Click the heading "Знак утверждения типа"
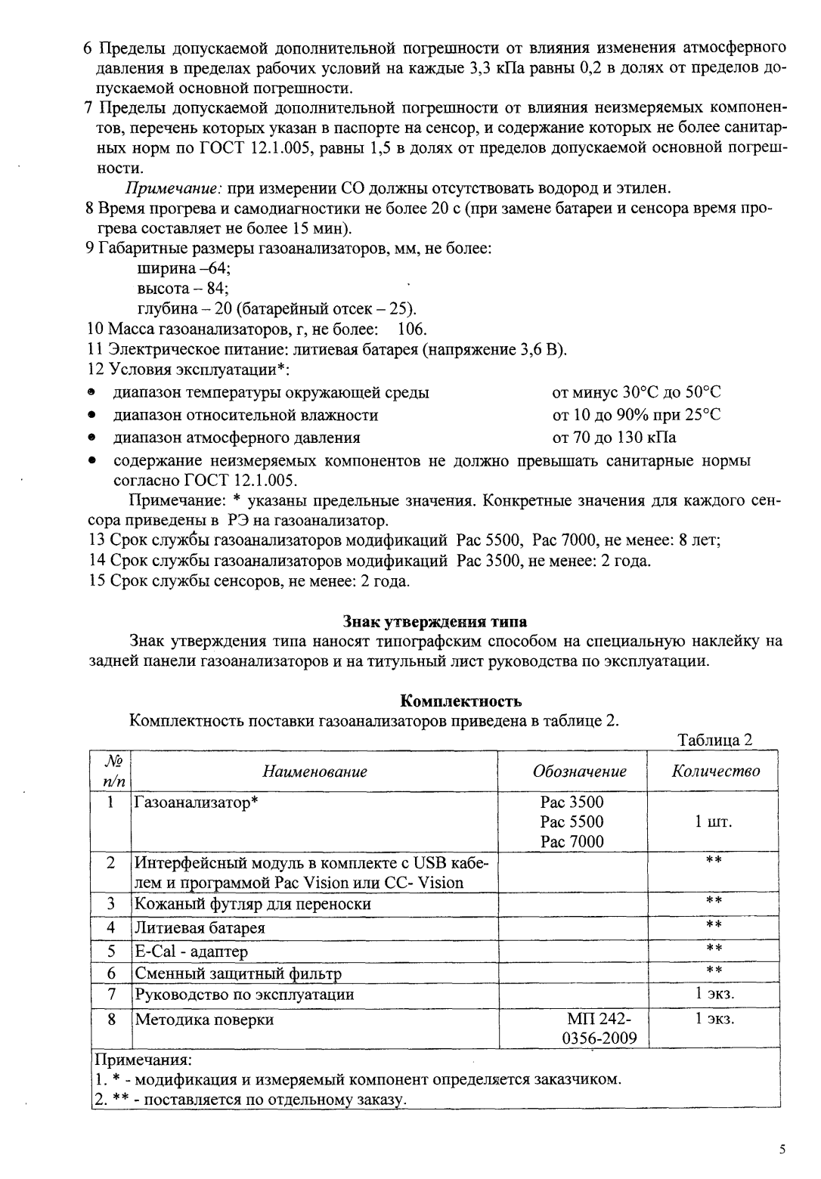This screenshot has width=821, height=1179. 435,621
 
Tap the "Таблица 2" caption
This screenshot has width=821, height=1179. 715,740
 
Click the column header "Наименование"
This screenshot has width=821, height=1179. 314,772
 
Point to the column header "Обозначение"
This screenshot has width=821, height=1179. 579,772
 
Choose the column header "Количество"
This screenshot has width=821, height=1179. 715,772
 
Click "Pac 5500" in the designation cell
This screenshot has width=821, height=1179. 572,822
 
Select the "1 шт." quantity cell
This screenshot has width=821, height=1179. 714,822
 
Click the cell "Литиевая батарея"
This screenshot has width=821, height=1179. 200,928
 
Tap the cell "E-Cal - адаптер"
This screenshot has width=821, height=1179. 191,951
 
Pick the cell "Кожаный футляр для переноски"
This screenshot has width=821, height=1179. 252,904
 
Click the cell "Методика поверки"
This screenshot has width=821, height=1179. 204,1020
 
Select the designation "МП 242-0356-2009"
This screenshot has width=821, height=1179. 599,1029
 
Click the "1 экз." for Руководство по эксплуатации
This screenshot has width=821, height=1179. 714,995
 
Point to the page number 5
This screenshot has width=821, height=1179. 782,1150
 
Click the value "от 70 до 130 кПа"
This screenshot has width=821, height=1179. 614,438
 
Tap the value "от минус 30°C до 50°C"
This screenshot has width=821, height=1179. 637,392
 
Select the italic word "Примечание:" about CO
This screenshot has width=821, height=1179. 172,187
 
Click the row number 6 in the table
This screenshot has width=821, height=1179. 111,973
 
